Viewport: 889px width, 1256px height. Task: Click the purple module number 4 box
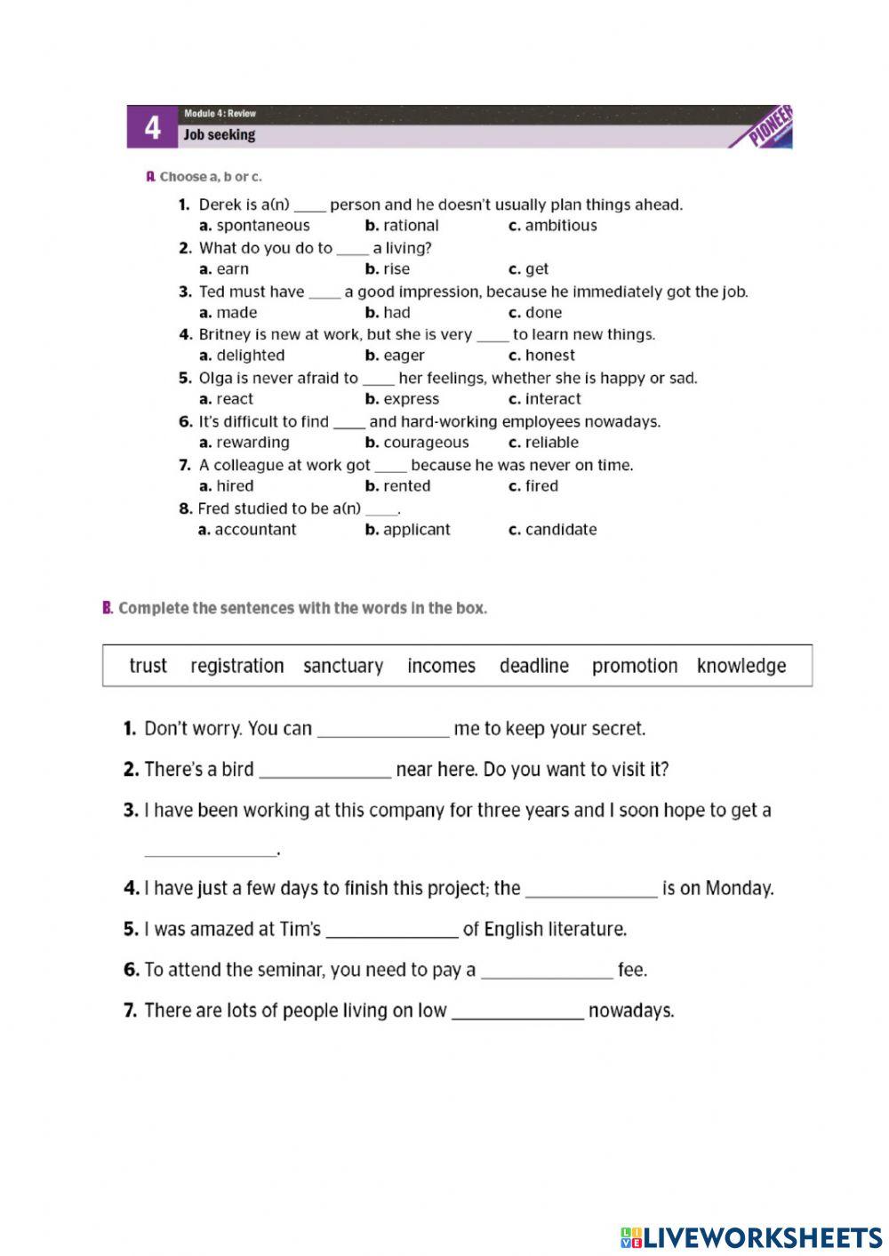pos(153,127)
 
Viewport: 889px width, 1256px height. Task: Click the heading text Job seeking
pos(219,135)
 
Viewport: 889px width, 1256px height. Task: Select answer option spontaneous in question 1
pos(262,226)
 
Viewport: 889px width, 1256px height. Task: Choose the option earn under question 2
pos(232,269)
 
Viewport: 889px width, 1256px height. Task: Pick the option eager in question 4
pos(403,356)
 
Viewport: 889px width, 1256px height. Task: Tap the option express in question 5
pos(410,399)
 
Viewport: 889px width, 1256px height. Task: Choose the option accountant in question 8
pos(255,530)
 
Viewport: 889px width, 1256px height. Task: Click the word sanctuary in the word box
pos(343,666)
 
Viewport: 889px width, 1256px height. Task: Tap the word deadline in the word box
pos(533,666)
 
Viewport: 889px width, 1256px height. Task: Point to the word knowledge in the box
pos(741,666)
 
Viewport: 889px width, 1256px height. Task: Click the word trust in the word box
pos(148,666)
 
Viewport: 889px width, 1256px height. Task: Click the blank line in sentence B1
pos(383,732)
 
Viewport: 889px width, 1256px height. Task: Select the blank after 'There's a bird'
pos(325,772)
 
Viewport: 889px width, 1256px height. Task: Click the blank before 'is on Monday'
pos(591,892)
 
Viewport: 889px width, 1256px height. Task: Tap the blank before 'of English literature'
pos(392,932)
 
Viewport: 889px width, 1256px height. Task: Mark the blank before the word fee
pos(547,973)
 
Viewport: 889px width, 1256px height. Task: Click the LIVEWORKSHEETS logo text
pos(762,1237)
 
